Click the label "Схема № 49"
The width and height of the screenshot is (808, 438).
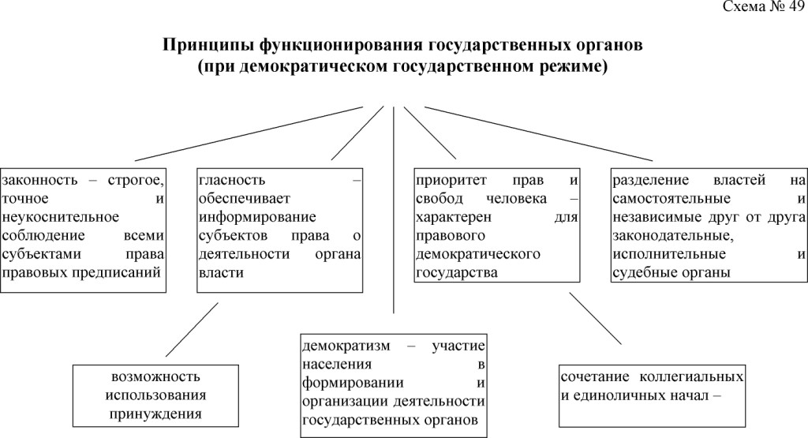(762, 9)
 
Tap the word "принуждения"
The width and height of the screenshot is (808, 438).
(157, 412)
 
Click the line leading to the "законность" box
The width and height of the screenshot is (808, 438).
(252, 133)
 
